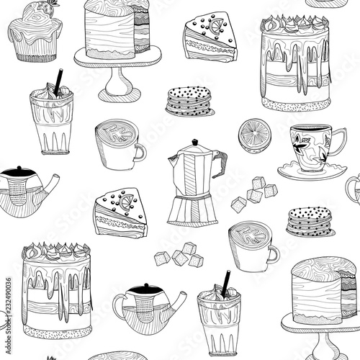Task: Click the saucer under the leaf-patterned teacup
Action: pyautogui.click(x=302, y=172)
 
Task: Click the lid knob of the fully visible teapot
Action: pyautogui.click(x=145, y=288)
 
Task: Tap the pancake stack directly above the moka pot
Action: pyautogui.click(x=189, y=102)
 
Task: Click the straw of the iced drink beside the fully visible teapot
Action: pyautogui.click(x=226, y=282)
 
